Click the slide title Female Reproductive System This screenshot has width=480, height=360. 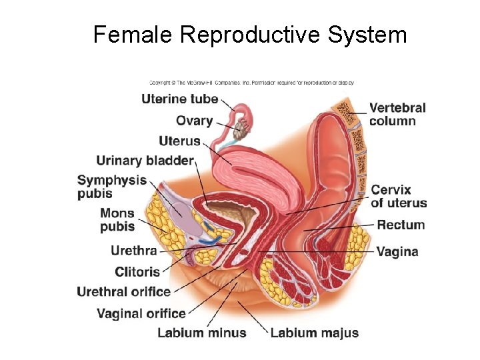click(250, 35)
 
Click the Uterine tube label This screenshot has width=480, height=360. click(180, 99)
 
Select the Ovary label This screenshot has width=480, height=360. click(194, 121)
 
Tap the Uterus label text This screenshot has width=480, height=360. click(179, 141)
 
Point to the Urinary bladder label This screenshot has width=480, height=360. click(145, 160)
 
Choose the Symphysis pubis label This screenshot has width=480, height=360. click(111, 187)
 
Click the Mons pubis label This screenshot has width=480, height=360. click(117, 220)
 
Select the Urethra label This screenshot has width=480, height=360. click(133, 251)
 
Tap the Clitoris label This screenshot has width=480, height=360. click(137, 271)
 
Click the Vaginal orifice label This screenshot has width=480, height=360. click(141, 313)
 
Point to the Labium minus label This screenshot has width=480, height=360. click(201, 333)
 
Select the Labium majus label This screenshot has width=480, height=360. click(314, 333)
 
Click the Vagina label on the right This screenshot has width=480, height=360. click(397, 251)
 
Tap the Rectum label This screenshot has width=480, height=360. click(401, 225)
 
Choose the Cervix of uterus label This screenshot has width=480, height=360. click(399, 197)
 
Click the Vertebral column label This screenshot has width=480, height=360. click(397, 114)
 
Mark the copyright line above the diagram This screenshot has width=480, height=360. click(251, 83)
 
